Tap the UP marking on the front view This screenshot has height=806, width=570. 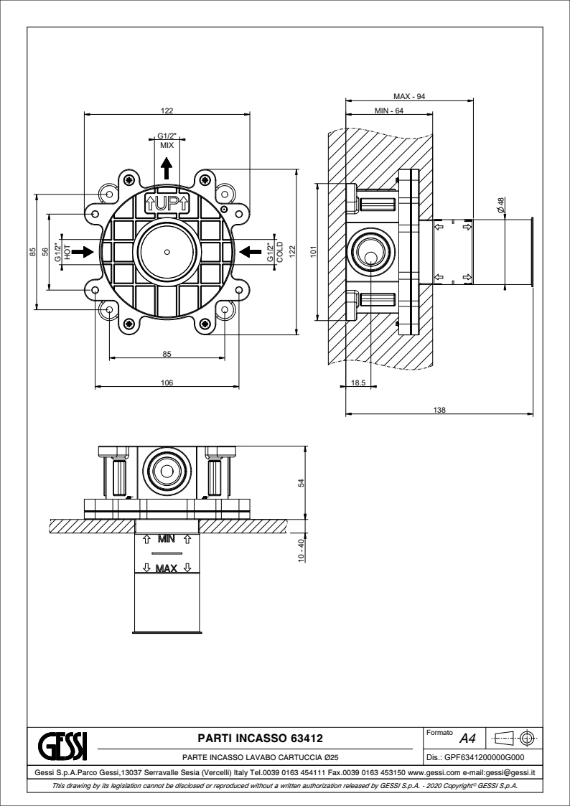[x=167, y=202]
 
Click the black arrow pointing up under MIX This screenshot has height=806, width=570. [x=167, y=169]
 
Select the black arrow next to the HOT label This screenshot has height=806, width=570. [x=83, y=251]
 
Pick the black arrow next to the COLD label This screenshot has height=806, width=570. [x=250, y=251]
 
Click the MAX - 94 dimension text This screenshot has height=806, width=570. [x=410, y=96]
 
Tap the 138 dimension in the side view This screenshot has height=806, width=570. [x=440, y=409]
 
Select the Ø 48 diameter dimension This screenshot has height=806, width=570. [x=501, y=204]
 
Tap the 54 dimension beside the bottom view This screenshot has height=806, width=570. [x=302, y=484]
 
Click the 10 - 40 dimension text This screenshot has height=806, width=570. [x=302, y=549]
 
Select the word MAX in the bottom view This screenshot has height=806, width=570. [x=167, y=569]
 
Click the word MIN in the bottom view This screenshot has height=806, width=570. [x=167, y=538]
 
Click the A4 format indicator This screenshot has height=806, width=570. [x=467, y=739]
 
